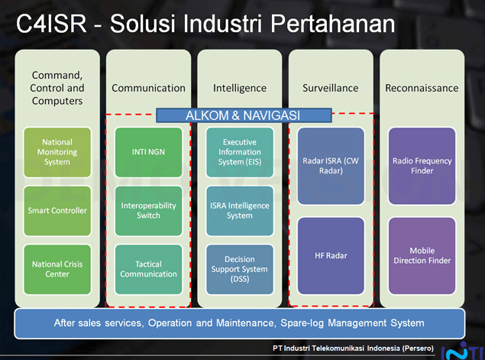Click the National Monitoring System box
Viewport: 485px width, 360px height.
[x=57, y=152]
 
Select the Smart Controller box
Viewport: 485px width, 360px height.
[x=57, y=210]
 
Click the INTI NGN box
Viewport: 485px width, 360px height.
[x=148, y=152]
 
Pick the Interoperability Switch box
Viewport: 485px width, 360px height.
[x=148, y=210]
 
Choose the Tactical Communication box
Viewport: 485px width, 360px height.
[x=148, y=269]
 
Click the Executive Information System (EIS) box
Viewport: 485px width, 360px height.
[x=240, y=152]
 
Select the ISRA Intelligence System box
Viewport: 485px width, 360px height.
[x=240, y=210]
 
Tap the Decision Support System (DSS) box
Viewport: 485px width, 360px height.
[x=240, y=269]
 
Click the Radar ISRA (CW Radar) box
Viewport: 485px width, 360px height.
[x=331, y=166]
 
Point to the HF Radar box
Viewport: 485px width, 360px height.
[x=331, y=255]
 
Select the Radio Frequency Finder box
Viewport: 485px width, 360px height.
[x=422, y=166]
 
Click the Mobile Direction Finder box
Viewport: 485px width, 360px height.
[x=422, y=255]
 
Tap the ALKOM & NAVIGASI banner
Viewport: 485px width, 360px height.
[x=244, y=115]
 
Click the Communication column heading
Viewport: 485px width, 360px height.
[x=148, y=88]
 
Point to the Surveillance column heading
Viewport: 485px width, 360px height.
[x=331, y=88]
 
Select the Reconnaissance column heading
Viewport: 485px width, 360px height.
[x=422, y=88]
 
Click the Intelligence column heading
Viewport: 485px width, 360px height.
[x=240, y=88]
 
